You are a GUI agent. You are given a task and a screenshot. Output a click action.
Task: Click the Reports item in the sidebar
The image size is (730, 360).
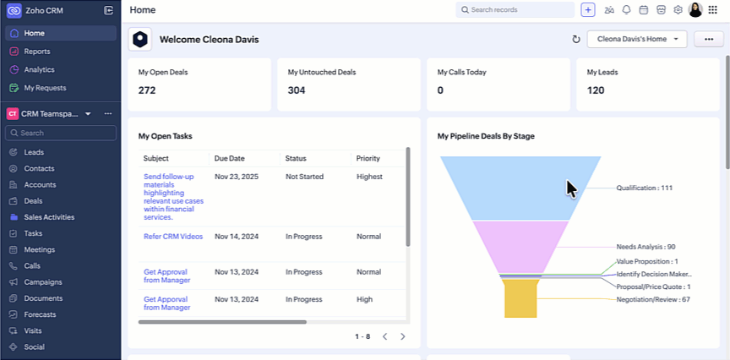tap(36, 52)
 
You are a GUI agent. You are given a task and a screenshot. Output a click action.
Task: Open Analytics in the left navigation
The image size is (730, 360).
tap(39, 69)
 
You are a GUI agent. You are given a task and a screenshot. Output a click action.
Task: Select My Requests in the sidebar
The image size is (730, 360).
tap(45, 88)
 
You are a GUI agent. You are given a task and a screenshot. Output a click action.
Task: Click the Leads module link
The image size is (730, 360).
tap(34, 152)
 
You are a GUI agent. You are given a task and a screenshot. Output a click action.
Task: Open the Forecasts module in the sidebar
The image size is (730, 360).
tap(41, 314)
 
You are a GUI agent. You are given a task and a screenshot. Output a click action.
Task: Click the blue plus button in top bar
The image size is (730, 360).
tap(588, 10)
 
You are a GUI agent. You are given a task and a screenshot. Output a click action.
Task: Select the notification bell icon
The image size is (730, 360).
tap(626, 10)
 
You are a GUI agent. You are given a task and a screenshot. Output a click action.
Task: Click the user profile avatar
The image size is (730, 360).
tap(695, 10)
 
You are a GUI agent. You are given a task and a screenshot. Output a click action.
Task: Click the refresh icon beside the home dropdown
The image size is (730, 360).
tap(576, 39)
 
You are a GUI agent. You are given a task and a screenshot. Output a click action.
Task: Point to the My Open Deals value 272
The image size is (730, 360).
tap(147, 90)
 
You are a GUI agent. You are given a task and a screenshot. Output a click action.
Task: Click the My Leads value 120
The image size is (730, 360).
tap(596, 90)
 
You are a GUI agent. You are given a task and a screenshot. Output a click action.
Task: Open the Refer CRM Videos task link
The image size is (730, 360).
tap(173, 237)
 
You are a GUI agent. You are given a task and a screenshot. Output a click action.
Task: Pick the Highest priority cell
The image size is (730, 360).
tap(369, 177)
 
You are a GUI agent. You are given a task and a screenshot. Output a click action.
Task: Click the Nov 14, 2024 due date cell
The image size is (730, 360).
tap(236, 237)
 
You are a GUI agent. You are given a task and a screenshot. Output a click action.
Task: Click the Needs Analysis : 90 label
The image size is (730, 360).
tap(646, 247)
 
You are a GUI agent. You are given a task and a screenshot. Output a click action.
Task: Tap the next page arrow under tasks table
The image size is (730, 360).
tap(402, 336)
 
